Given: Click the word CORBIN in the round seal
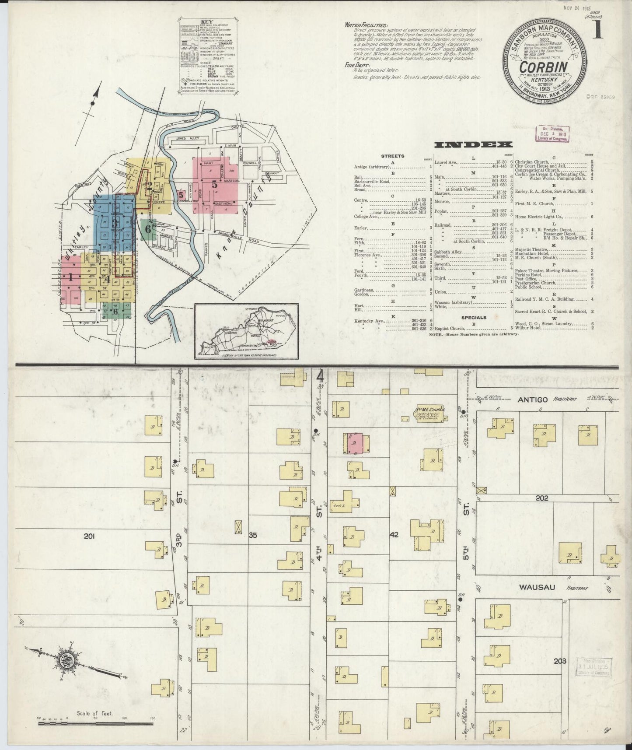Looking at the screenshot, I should [543, 67].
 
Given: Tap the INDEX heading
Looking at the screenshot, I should [474, 145].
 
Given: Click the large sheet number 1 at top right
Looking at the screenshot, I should [597, 31].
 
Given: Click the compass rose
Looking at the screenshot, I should [70, 654].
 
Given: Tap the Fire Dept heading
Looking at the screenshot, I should [356, 65].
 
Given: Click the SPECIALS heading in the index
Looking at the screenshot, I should [474, 317].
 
